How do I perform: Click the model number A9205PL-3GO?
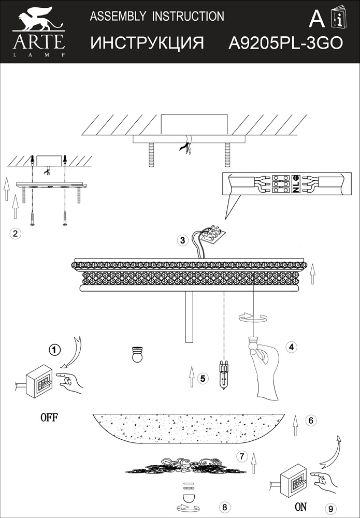pyautogui.click(x=286, y=43)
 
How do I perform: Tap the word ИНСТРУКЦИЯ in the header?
pyautogui.click(x=147, y=43)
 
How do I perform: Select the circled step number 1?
pyautogui.click(x=54, y=350)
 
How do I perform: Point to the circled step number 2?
pyautogui.click(x=15, y=234)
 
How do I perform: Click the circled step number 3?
pyautogui.click(x=183, y=240)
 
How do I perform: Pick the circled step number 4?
pyautogui.click(x=291, y=347)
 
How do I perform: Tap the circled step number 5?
pyautogui.click(x=203, y=378)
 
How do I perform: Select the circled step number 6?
pyautogui.click(x=311, y=420)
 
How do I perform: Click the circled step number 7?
pyautogui.click(x=242, y=456)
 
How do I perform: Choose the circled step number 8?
pyautogui.click(x=225, y=507)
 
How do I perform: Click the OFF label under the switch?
pyautogui.click(x=49, y=418)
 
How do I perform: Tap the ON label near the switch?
pyautogui.click(x=301, y=507)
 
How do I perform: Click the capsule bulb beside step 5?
pyautogui.click(x=224, y=375)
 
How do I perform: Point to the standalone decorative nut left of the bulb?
pyautogui.click(x=137, y=354)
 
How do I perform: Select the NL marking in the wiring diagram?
pyautogui.click(x=296, y=184)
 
